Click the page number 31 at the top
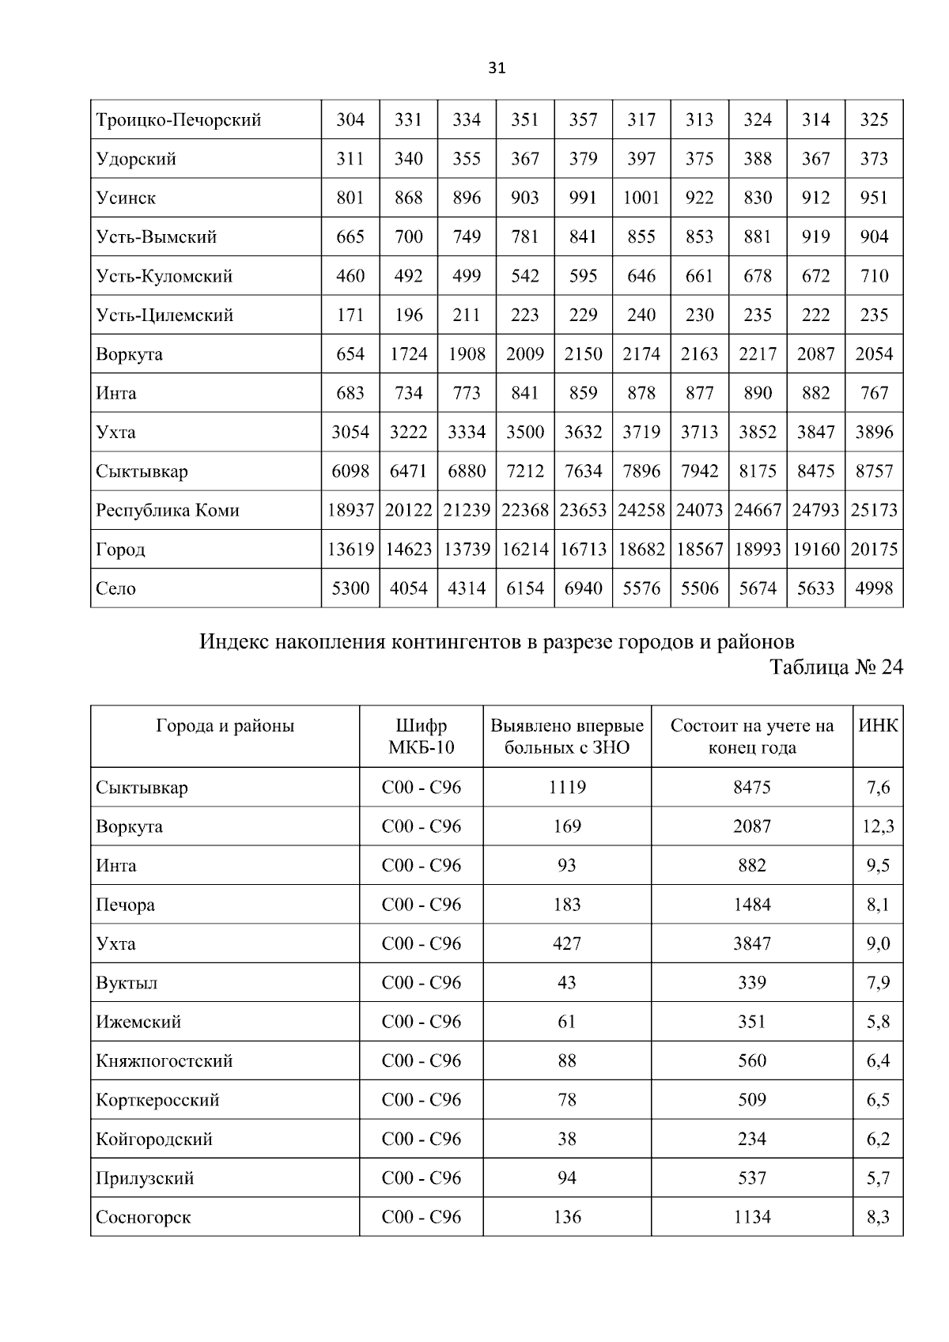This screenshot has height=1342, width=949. click(497, 68)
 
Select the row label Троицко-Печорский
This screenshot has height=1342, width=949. click(178, 120)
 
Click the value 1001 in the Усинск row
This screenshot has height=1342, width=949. click(641, 198)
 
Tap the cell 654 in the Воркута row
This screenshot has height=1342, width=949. click(350, 354)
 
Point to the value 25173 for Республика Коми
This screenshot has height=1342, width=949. click(874, 510)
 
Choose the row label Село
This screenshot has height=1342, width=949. click(115, 588)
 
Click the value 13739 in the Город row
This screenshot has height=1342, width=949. click(467, 550)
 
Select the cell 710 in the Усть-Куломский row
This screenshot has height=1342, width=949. click(874, 276)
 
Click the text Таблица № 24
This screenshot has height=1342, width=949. click(836, 667)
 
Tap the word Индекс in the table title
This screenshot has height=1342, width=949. click(233, 641)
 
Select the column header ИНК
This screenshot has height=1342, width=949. click(878, 726)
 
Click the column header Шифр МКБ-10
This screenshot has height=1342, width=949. click(421, 736)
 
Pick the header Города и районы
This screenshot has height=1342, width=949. click(225, 726)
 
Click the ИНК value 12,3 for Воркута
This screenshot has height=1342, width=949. click(878, 826)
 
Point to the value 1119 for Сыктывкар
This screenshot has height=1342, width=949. click(567, 788)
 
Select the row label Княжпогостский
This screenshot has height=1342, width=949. click(164, 1061)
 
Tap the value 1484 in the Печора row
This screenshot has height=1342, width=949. click(751, 905)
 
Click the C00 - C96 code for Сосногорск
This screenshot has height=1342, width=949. click(421, 1217)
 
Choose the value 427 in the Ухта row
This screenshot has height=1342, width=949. click(567, 943)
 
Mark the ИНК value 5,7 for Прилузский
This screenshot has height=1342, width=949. click(878, 1178)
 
